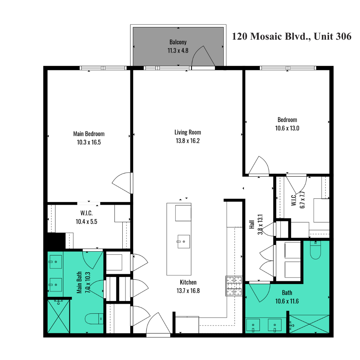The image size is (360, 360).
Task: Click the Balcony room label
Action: point(178,42)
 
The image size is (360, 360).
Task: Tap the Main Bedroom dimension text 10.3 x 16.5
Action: point(89,142)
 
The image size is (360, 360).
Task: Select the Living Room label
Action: point(188,132)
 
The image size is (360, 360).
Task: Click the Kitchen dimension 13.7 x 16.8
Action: point(188,291)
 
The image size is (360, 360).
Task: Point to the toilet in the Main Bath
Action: point(94,319)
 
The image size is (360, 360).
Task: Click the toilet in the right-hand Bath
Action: point(315,250)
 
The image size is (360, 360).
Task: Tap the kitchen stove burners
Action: point(234,286)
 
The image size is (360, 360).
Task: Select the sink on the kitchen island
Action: point(184,242)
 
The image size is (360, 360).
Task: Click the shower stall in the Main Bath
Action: point(59,316)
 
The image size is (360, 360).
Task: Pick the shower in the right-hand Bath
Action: point(309,324)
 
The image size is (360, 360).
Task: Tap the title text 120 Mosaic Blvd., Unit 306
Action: point(292,36)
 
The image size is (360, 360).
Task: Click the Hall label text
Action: point(252,225)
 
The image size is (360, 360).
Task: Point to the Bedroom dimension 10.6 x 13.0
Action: point(287,128)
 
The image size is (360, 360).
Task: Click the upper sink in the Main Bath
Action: point(56,262)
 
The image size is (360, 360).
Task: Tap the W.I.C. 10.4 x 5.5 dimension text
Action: point(87,222)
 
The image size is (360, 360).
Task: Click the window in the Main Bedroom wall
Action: point(103,68)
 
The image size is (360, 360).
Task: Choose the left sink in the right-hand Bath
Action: point(253,325)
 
